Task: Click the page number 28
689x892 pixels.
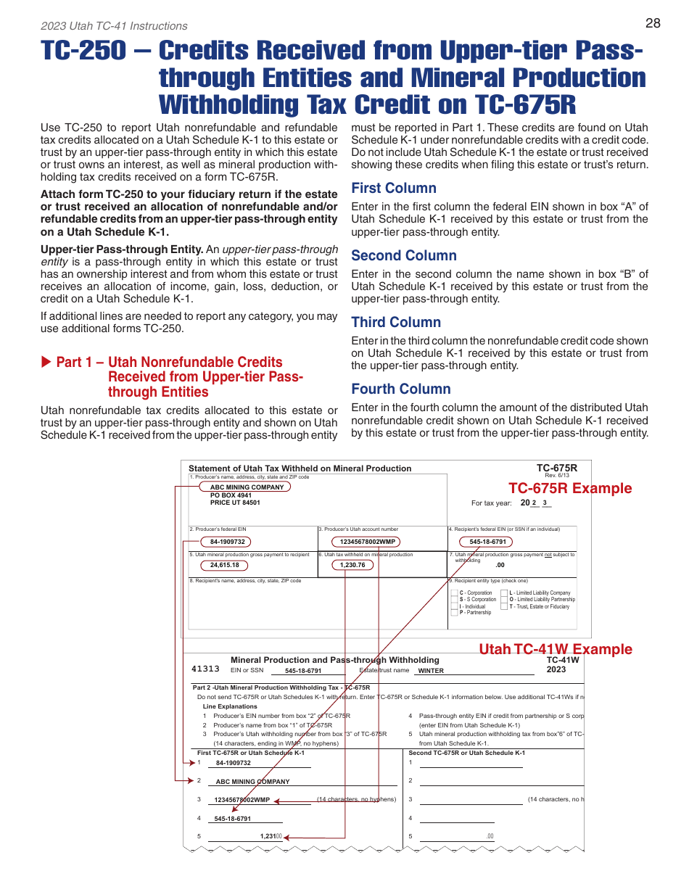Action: click(x=653, y=23)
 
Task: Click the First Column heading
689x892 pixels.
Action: click(x=394, y=189)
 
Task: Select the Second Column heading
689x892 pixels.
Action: click(x=404, y=255)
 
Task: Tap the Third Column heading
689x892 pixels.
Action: click(x=396, y=322)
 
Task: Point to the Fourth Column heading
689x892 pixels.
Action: click(x=401, y=389)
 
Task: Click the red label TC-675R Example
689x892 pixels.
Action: click(x=570, y=488)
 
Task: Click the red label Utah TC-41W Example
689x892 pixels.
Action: click(x=556, y=649)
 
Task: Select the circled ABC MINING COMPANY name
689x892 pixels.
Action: click(x=247, y=487)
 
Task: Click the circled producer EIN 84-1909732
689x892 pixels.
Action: click(x=228, y=542)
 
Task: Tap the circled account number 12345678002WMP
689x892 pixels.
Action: click(x=367, y=542)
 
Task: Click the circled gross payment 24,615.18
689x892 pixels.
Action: click(x=224, y=565)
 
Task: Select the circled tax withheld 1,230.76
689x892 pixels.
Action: click(x=352, y=565)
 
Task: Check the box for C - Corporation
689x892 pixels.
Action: click(x=454, y=593)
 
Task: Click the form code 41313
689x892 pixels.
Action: click(x=205, y=669)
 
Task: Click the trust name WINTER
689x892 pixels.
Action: click(x=431, y=672)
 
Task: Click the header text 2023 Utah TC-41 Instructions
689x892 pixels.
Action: click(x=114, y=26)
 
